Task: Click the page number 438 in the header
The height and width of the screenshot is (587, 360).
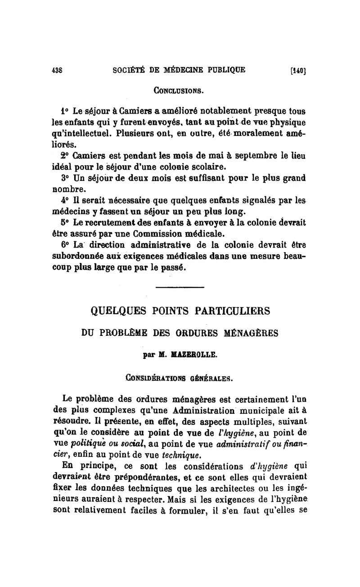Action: point(58,70)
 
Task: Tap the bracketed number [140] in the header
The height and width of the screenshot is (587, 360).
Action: point(298,71)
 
